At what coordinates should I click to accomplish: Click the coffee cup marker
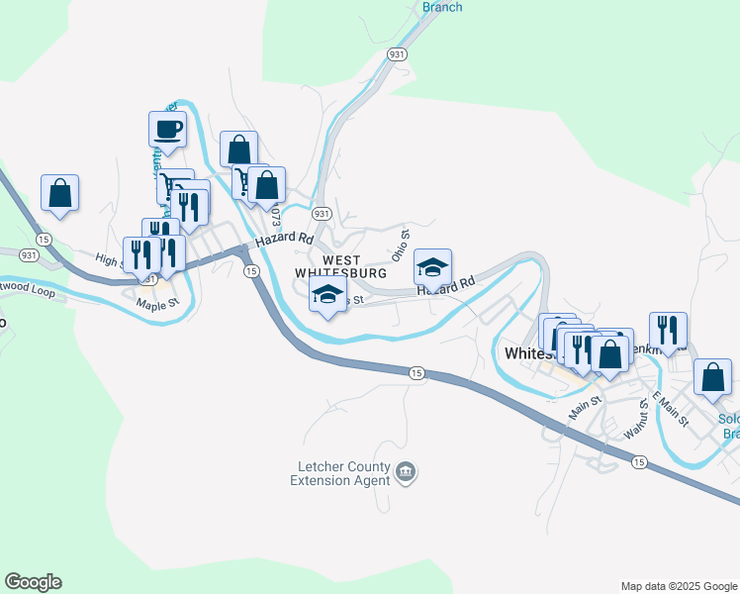coord(167,129)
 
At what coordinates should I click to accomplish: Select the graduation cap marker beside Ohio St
coord(432,268)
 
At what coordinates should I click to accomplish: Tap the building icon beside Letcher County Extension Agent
coord(406,473)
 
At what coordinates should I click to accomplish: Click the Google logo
coord(33,582)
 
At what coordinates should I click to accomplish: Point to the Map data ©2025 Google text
coord(679,586)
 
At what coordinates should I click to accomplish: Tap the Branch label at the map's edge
coord(442,7)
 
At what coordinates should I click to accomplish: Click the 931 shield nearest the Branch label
coord(397,54)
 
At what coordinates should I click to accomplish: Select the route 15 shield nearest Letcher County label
coord(416,372)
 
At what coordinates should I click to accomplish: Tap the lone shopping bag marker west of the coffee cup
coord(59,193)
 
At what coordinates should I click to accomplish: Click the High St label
coord(106,259)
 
